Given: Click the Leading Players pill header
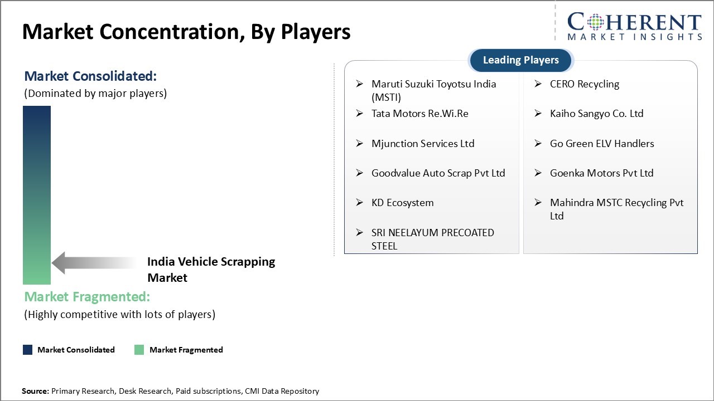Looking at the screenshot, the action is (521, 60).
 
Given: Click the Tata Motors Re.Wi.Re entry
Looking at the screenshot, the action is (420, 114).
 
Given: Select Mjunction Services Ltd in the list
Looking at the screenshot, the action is (423, 144).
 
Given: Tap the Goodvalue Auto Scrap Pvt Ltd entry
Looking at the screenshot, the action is (438, 173).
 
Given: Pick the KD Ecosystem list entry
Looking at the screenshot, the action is (402, 203).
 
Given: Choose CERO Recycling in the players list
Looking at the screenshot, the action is (585, 84).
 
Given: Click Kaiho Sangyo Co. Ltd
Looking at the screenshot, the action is (597, 114).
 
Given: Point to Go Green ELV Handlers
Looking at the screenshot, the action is (602, 144).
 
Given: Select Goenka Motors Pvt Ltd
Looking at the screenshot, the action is (602, 173).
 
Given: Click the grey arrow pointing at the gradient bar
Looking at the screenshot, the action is (94, 263).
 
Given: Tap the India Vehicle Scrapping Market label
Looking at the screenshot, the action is (211, 270).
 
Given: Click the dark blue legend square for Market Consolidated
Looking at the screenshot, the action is (28, 350).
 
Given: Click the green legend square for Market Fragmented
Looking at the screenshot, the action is (139, 350).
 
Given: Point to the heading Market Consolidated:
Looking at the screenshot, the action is (90, 76).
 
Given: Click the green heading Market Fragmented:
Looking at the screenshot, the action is (87, 297).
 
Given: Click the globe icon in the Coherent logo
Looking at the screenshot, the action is (595, 22).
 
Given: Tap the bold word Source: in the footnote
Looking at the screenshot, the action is (35, 391).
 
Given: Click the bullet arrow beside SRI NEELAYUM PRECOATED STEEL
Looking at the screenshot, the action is (360, 233).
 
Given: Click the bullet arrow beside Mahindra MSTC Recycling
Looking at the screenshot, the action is (538, 202).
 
